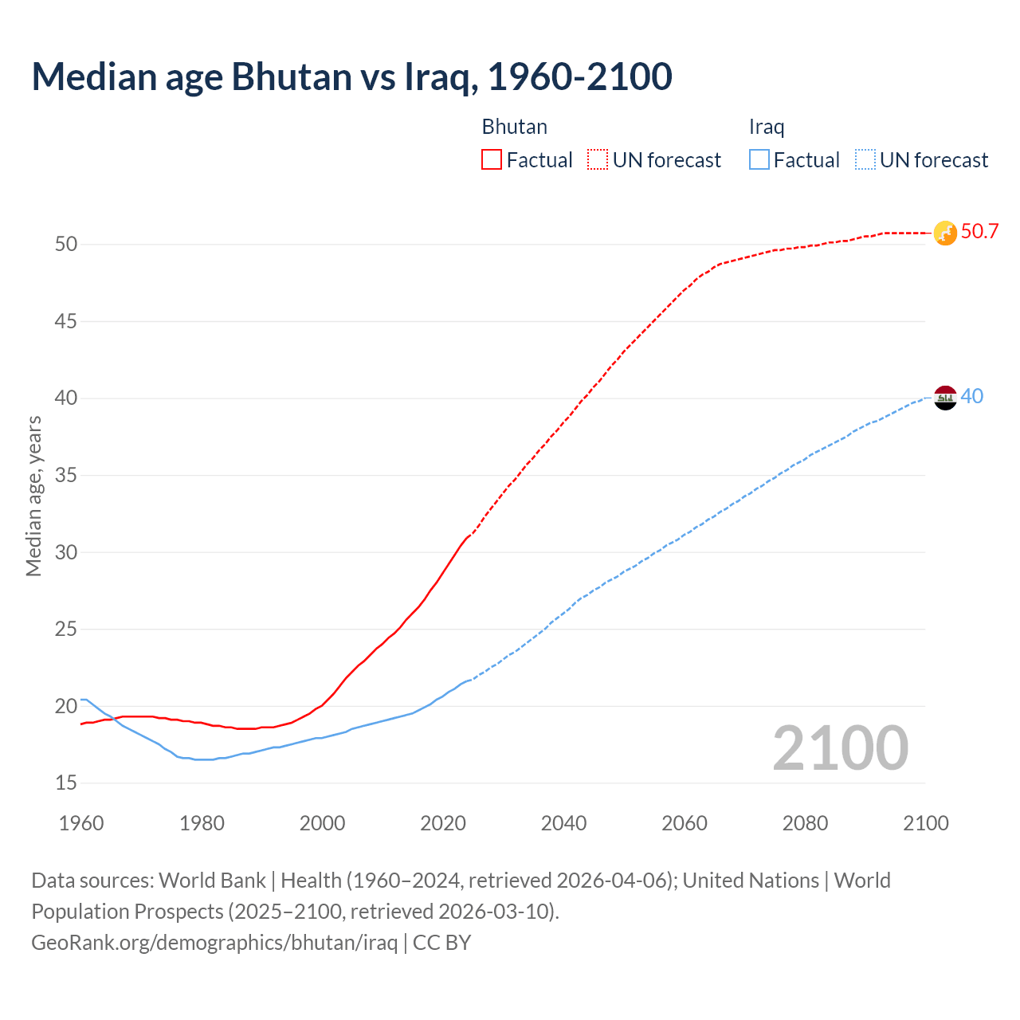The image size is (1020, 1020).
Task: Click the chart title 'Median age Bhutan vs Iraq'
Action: [x=351, y=76]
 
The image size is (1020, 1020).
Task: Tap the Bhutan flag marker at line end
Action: [x=945, y=233]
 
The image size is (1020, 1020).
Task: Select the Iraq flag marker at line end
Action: [x=945, y=397]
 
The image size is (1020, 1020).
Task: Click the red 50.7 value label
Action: [x=979, y=232]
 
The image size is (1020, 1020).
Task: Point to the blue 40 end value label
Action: [x=972, y=396]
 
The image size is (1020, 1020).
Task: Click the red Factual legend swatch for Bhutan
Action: [x=492, y=160]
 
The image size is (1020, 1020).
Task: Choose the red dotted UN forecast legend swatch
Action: [x=598, y=160]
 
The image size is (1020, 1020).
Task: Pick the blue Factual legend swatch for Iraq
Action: [x=759, y=160]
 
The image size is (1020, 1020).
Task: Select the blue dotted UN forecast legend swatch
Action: [x=865, y=160]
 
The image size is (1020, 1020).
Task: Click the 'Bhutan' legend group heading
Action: [x=514, y=127]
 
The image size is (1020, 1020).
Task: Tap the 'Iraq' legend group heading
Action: [x=767, y=127]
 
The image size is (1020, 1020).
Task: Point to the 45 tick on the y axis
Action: [x=66, y=322]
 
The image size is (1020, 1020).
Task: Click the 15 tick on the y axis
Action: [x=66, y=783]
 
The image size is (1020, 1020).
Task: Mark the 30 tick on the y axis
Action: [x=66, y=552]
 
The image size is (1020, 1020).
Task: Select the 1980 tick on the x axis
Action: [x=202, y=823]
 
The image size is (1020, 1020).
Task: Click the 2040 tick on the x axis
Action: [x=563, y=823]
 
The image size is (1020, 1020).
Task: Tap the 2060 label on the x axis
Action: [x=685, y=823]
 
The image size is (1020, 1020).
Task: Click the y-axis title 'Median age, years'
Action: [x=33, y=496]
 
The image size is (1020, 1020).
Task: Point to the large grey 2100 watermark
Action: [x=840, y=748]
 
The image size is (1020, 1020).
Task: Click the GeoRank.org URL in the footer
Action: [x=214, y=943]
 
